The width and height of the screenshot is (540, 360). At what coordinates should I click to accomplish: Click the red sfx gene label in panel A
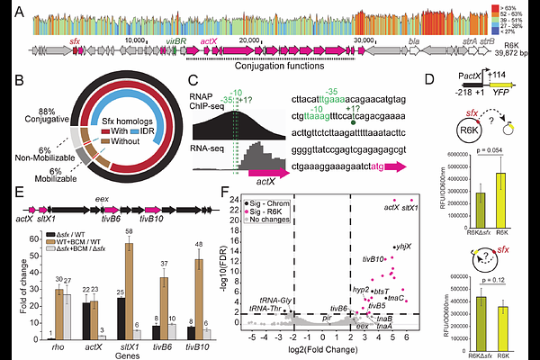pos(76,41)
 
